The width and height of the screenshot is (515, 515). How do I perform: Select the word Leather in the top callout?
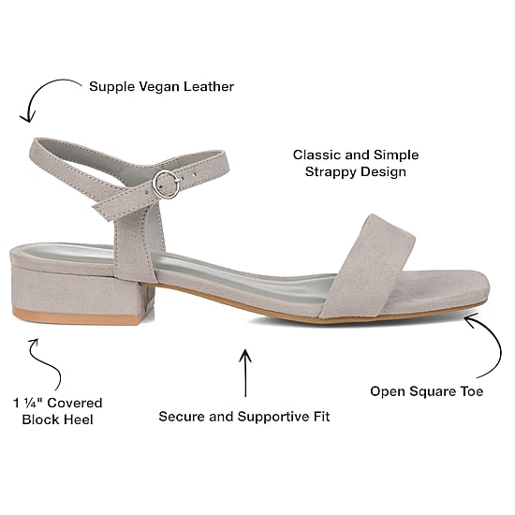[x=209, y=86]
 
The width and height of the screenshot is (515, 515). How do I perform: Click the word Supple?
[x=112, y=87]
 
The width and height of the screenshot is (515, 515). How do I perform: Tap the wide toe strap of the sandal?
[x=368, y=267]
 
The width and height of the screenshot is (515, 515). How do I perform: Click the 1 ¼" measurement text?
[x=28, y=403]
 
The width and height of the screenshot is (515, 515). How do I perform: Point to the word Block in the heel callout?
[x=40, y=419]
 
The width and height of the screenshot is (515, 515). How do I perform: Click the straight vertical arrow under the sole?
[x=245, y=373]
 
